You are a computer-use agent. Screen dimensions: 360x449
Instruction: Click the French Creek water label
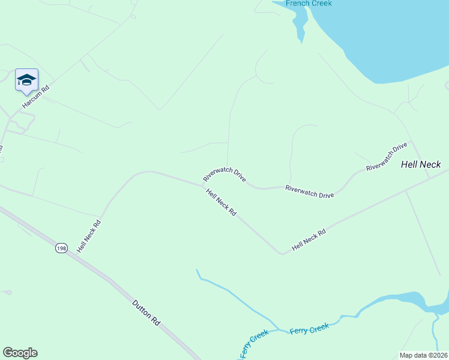point(309,4)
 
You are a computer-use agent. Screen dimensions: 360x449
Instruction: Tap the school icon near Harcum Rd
point(26,80)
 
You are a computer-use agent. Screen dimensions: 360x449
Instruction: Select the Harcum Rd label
point(35,96)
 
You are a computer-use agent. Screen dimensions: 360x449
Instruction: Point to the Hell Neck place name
point(421,164)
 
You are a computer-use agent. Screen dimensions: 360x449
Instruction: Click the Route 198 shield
point(61,248)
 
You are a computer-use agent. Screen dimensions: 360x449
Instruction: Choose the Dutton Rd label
point(146,313)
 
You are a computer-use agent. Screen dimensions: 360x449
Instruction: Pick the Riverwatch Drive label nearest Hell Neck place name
point(387,157)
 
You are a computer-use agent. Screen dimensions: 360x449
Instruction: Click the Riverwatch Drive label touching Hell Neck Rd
point(224,175)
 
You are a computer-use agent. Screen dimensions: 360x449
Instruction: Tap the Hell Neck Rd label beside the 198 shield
point(88,236)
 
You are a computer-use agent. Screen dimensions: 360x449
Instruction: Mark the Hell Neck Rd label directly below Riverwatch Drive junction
point(221,203)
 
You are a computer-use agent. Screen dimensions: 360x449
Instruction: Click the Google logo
point(20,353)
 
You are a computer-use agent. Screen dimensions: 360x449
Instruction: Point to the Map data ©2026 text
point(423,355)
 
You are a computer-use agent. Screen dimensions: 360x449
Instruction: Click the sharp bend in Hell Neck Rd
point(282,254)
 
